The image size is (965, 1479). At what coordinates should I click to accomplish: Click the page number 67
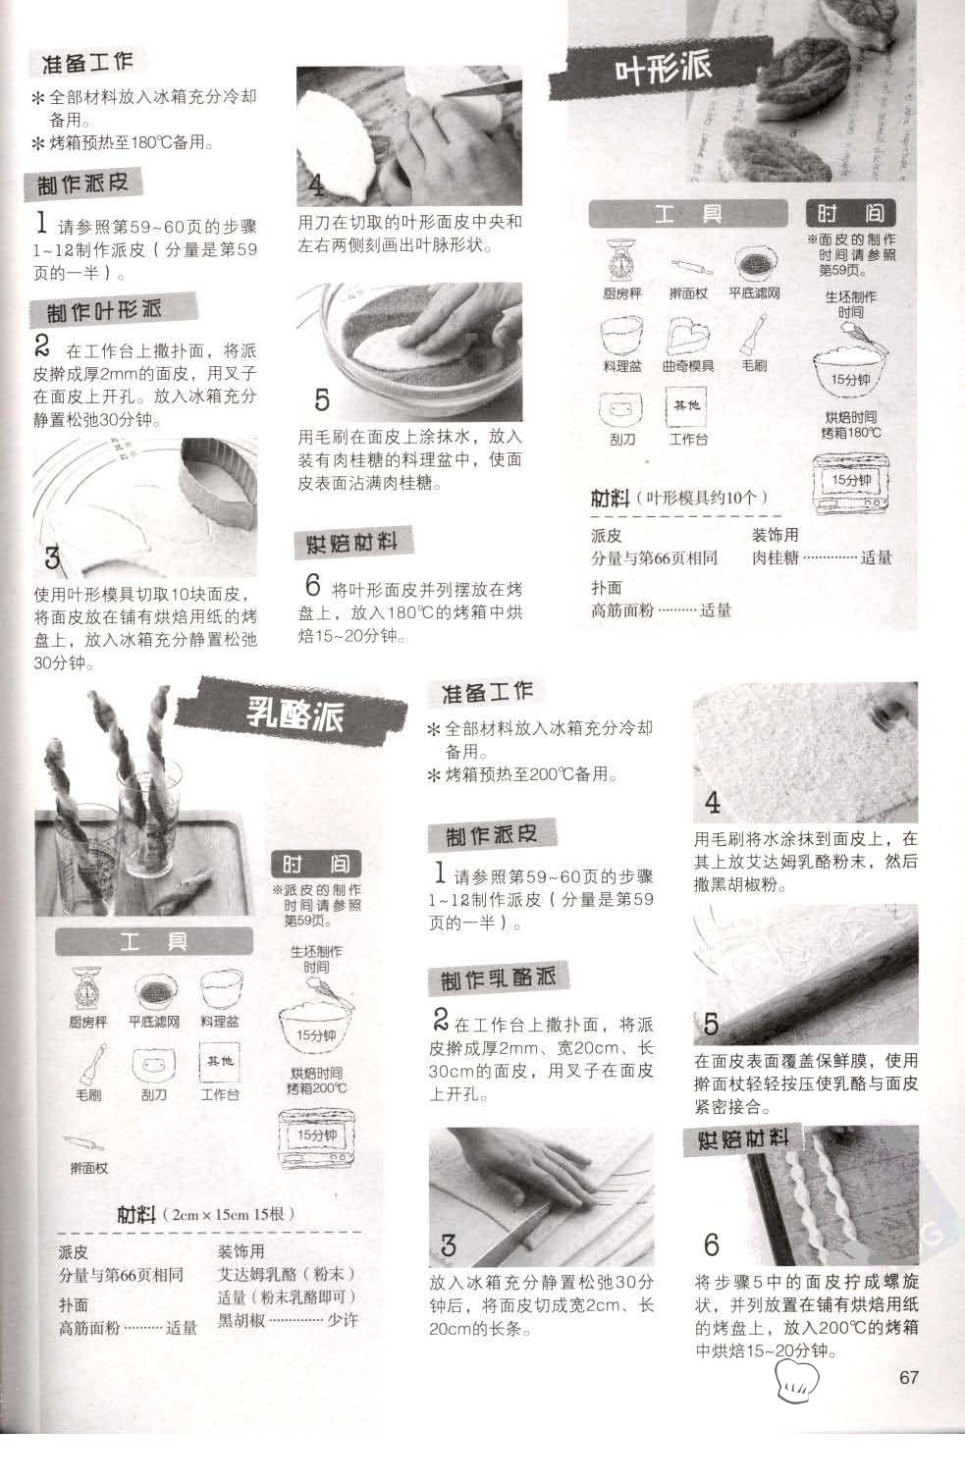pos(908,1377)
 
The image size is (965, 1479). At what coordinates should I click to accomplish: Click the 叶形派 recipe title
pos(662,67)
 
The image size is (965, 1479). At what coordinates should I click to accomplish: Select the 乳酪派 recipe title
pos(295,713)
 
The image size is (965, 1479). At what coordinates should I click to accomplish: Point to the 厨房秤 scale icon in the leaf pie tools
pos(620,261)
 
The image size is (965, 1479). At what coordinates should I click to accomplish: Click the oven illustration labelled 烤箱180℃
pos(851,483)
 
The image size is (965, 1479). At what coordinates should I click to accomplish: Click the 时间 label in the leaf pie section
pos(851,213)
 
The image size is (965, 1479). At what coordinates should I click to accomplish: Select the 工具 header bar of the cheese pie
pos(154,941)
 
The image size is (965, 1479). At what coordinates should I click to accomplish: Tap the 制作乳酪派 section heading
pos(498,978)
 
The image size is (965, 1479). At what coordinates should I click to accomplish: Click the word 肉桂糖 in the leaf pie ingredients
pos(776,557)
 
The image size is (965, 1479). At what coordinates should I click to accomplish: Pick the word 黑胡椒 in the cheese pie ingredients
pos(241,1320)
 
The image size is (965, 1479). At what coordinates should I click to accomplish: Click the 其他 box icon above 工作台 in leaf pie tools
pos(687,406)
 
